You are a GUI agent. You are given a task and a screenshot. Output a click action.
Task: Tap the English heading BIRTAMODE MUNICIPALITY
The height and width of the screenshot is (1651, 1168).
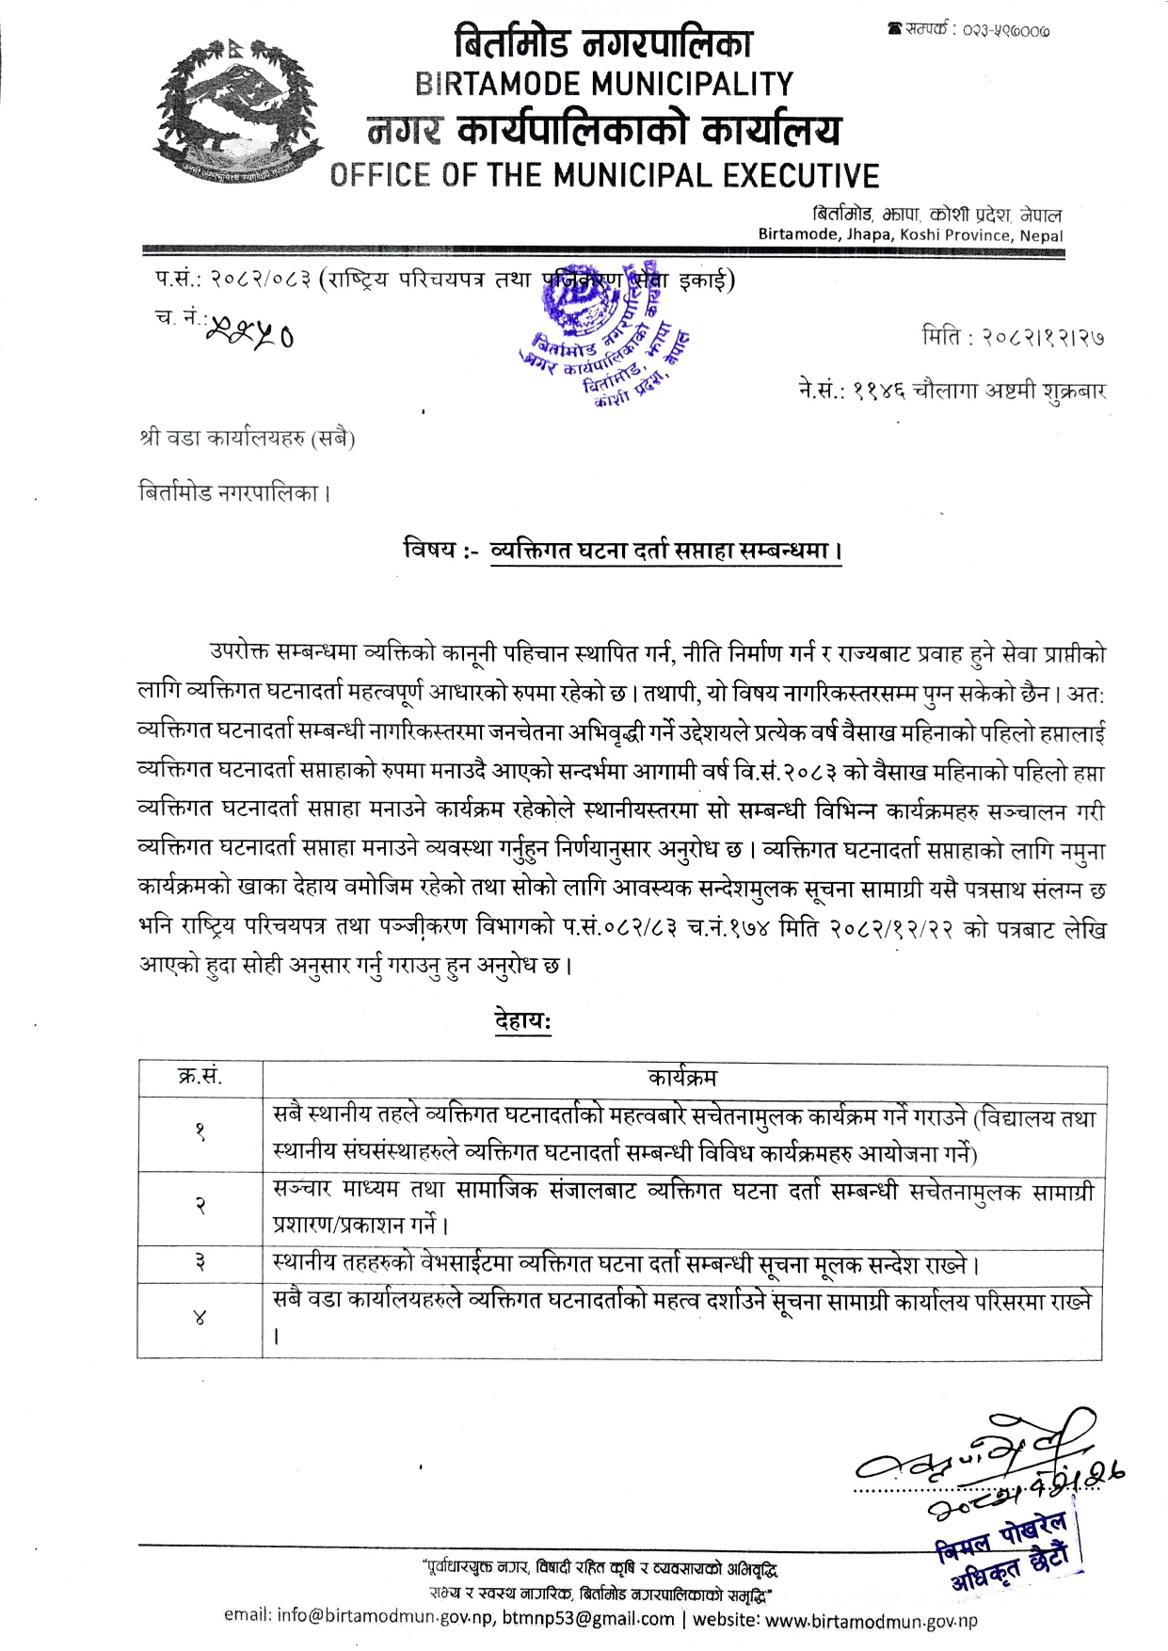click(604, 85)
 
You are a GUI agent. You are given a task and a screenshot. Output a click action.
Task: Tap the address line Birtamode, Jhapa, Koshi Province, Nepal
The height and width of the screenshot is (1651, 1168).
click(910, 235)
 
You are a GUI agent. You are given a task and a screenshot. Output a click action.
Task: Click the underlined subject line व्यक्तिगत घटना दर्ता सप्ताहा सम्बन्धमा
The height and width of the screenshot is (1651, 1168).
click(665, 551)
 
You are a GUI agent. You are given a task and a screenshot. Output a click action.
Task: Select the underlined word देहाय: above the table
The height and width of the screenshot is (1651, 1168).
click(522, 1021)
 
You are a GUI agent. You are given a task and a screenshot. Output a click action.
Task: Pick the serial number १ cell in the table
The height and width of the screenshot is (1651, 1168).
click(200, 1133)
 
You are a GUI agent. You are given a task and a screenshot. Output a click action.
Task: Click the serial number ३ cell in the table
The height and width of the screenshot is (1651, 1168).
click(200, 1263)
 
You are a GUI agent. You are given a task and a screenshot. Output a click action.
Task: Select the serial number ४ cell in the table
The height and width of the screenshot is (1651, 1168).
click(200, 1320)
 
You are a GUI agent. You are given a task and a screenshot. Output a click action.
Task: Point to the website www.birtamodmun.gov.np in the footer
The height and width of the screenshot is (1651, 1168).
click(872, 1620)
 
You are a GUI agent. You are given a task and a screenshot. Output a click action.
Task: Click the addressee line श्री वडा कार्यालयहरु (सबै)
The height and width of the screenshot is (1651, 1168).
click(247, 439)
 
